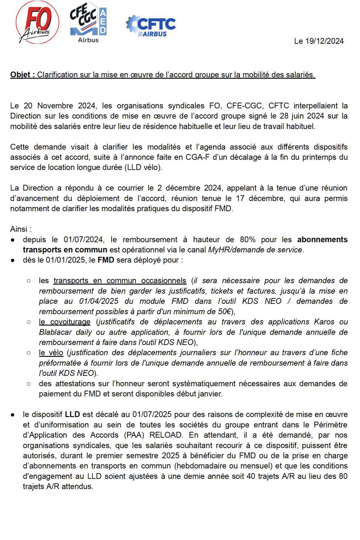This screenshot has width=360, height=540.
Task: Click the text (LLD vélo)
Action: tap(143, 167)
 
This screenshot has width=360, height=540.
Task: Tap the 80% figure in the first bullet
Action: tap(247, 240)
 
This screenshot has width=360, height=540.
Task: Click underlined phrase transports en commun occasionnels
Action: tap(120, 281)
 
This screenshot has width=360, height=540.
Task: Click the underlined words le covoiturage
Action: tap(64, 322)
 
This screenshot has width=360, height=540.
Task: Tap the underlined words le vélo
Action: tap(51, 353)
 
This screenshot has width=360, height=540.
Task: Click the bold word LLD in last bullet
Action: tap(72, 415)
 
